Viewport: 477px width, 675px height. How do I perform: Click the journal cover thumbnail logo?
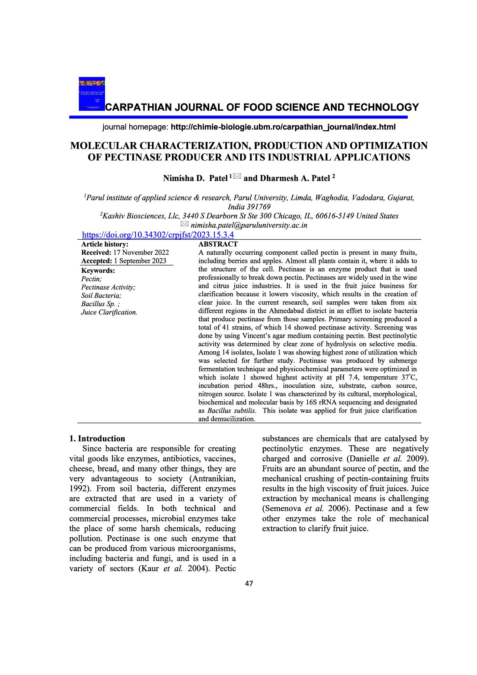pyautogui.click(x=92, y=94)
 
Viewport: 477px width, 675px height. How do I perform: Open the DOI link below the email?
pyautogui.click(x=158, y=235)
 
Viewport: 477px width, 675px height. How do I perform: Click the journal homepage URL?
pyautogui.click(x=283, y=127)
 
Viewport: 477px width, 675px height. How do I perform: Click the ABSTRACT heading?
pyautogui.click(x=218, y=244)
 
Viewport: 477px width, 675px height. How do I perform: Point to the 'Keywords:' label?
pyautogui.click(x=98, y=271)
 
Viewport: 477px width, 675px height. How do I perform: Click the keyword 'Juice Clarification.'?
pyautogui.click(x=109, y=312)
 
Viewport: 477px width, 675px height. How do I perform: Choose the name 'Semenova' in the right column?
pyautogui.click(x=281, y=509)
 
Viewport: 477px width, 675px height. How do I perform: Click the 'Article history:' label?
pyautogui.click(x=105, y=244)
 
